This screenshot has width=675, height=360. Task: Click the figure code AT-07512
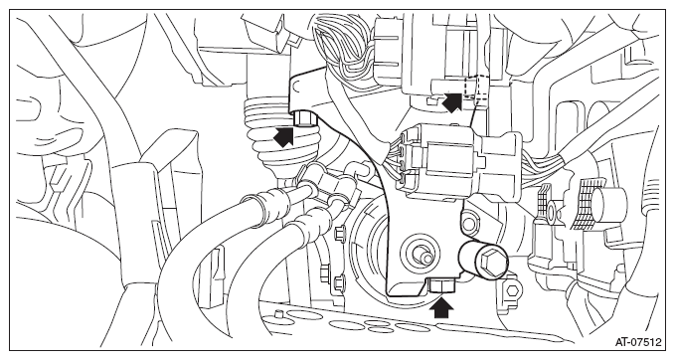[x=637, y=342]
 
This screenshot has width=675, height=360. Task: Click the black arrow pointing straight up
[x=441, y=307]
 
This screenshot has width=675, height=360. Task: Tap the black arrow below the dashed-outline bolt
[x=452, y=102]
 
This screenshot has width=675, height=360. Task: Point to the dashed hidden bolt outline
[x=475, y=90]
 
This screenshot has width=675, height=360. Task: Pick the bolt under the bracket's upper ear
[x=304, y=118]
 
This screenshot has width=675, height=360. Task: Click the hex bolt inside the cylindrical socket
[x=492, y=262]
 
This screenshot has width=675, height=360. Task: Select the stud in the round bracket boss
[x=422, y=255]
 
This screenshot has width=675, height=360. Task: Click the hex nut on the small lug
[x=512, y=290]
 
